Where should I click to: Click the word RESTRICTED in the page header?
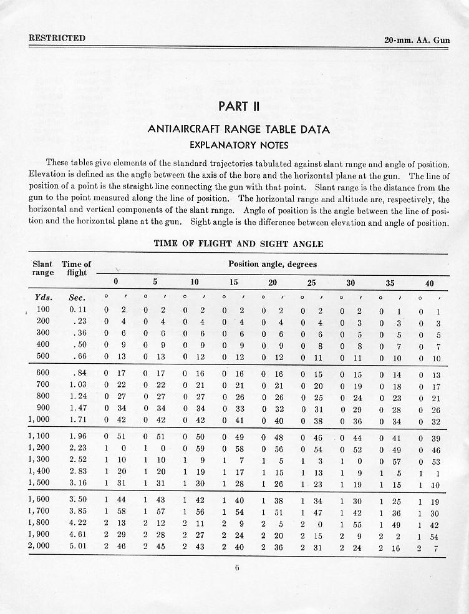(57, 38)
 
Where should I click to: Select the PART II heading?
(234, 106)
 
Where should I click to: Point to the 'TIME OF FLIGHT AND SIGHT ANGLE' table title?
(238, 243)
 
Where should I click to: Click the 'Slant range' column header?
(42, 268)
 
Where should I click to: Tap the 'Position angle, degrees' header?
(273, 264)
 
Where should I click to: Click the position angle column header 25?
(312, 283)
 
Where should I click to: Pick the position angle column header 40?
(429, 283)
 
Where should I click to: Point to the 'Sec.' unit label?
(77, 297)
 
